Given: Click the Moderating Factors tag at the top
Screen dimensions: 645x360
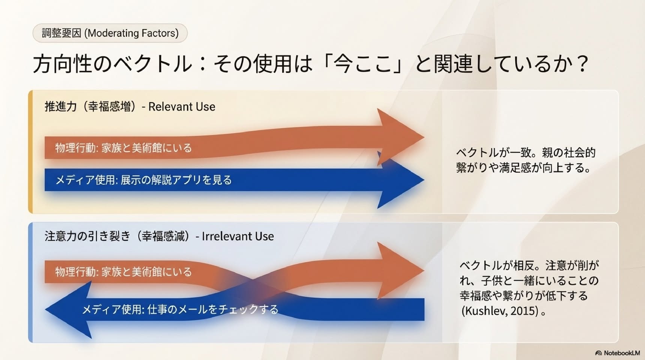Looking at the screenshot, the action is (110, 33).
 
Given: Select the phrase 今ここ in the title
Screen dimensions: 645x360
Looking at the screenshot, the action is (362, 63).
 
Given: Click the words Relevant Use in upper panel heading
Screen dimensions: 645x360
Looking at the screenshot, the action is (182, 106).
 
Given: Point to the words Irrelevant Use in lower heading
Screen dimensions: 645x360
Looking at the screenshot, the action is (238, 236).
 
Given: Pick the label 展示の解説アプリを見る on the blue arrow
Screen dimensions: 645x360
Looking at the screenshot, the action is (176, 180).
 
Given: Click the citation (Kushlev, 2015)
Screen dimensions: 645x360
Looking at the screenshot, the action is (500, 311).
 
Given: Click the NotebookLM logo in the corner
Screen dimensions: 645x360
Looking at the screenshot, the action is (617, 353).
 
